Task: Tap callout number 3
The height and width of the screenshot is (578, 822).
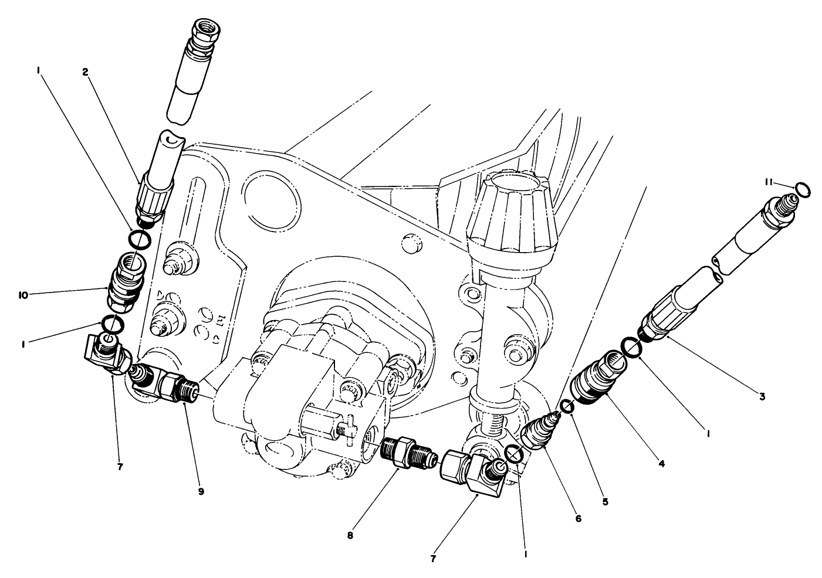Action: click(x=762, y=397)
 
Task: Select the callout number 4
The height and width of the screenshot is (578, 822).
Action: click(x=661, y=463)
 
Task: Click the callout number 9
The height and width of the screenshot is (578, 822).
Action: click(x=201, y=492)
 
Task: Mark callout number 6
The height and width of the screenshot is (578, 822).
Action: click(x=578, y=518)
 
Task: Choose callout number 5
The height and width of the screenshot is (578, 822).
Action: click(x=605, y=501)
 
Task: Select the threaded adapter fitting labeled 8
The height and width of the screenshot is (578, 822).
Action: click(x=406, y=452)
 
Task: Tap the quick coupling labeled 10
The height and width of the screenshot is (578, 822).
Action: click(x=124, y=283)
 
